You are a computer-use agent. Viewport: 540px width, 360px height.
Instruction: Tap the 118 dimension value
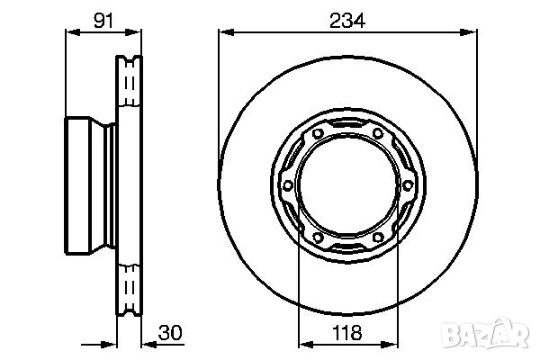[x=346, y=330]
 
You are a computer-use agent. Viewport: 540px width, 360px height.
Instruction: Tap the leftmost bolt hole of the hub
[x=289, y=186]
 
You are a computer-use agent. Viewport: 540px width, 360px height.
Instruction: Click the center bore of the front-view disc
[x=346, y=186]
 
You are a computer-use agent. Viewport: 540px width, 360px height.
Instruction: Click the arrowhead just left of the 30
[x=149, y=342]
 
